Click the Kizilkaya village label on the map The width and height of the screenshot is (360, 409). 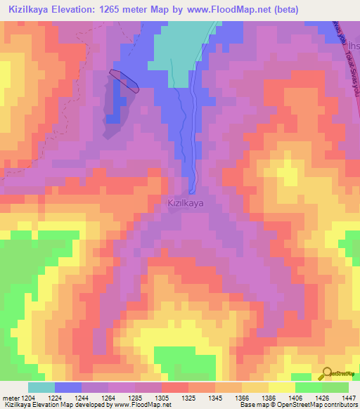[186, 203]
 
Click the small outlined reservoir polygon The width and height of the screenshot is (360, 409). [124, 81]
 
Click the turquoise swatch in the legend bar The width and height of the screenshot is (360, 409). [41, 387]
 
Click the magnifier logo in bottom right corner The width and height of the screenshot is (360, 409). [326, 373]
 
